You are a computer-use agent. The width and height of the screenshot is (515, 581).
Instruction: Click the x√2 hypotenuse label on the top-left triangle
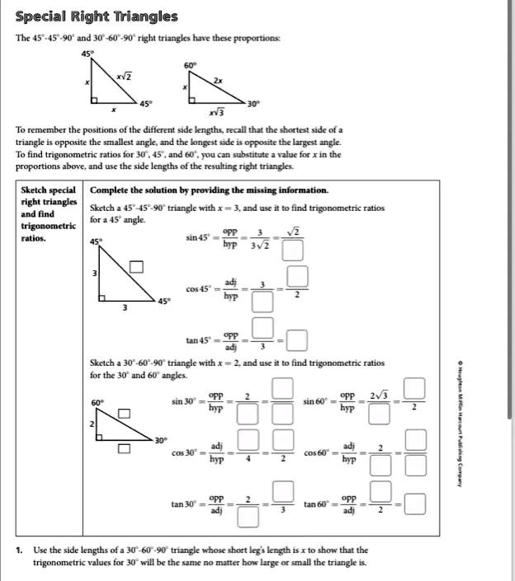(122, 77)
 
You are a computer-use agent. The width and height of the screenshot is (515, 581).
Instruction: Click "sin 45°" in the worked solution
(198, 239)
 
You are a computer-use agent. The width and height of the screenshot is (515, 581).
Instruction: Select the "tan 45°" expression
(198, 340)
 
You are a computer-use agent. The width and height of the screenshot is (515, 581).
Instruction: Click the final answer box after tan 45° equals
(298, 340)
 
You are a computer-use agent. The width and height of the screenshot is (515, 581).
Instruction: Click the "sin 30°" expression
(183, 401)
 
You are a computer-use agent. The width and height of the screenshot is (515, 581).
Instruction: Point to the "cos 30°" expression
(183, 452)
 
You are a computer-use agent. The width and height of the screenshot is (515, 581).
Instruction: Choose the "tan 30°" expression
(183, 504)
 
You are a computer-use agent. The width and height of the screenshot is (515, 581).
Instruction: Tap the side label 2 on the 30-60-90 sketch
(93, 423)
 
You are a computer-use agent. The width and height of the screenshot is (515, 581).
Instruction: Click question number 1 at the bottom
(18, 550)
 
